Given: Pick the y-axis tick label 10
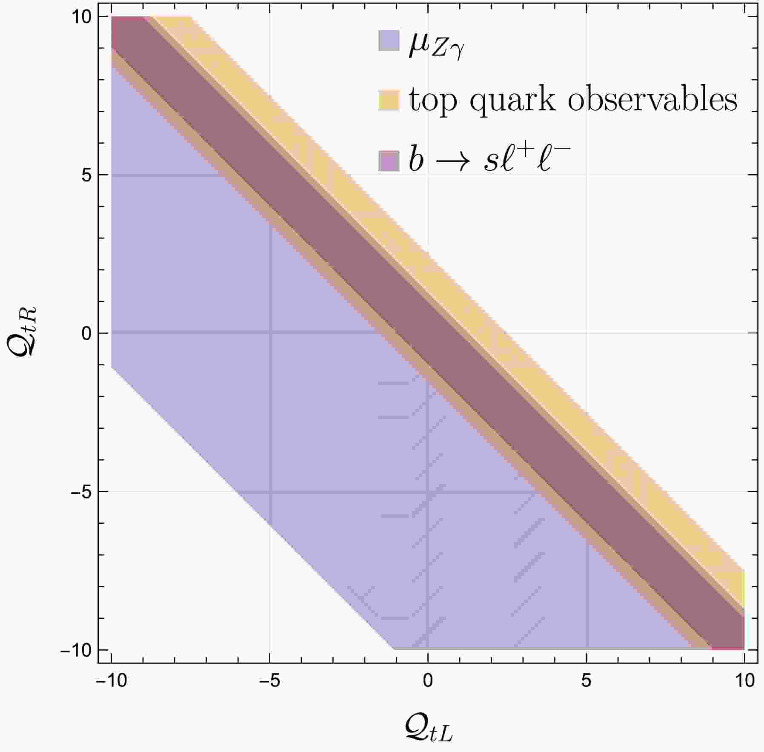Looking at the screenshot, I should [81, 17].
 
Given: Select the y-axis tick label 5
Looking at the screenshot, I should [86, 175].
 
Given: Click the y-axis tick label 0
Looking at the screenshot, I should [86, 333].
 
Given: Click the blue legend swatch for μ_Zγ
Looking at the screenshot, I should [389, 40].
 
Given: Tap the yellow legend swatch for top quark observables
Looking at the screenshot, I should [389, 100].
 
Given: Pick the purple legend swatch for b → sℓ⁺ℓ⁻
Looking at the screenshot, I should [389, 161].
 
